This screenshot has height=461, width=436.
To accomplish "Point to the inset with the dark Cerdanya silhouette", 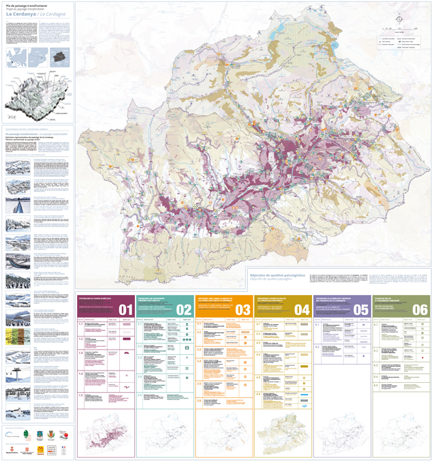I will pyautogui.click(x=61, y=55).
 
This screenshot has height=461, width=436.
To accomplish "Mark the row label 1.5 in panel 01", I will pyautogui.click(x=80, y=395).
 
